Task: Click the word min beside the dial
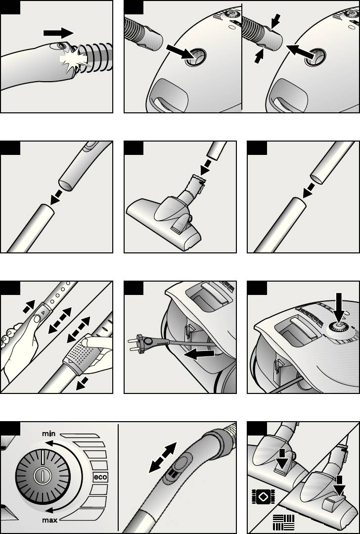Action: [x=48, y=434]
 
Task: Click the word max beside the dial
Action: [x=49, y=520]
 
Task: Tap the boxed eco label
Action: [x=100, y=478]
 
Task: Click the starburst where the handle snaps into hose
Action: [x=74, y=60]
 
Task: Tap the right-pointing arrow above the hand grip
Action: [x=58, y=33]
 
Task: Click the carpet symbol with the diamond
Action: [x=263, y=496]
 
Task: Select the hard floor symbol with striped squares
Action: [x=283, y=522]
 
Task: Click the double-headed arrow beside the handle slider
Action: [x=163, y=457]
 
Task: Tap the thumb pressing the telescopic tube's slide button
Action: [x=36, y=320]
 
